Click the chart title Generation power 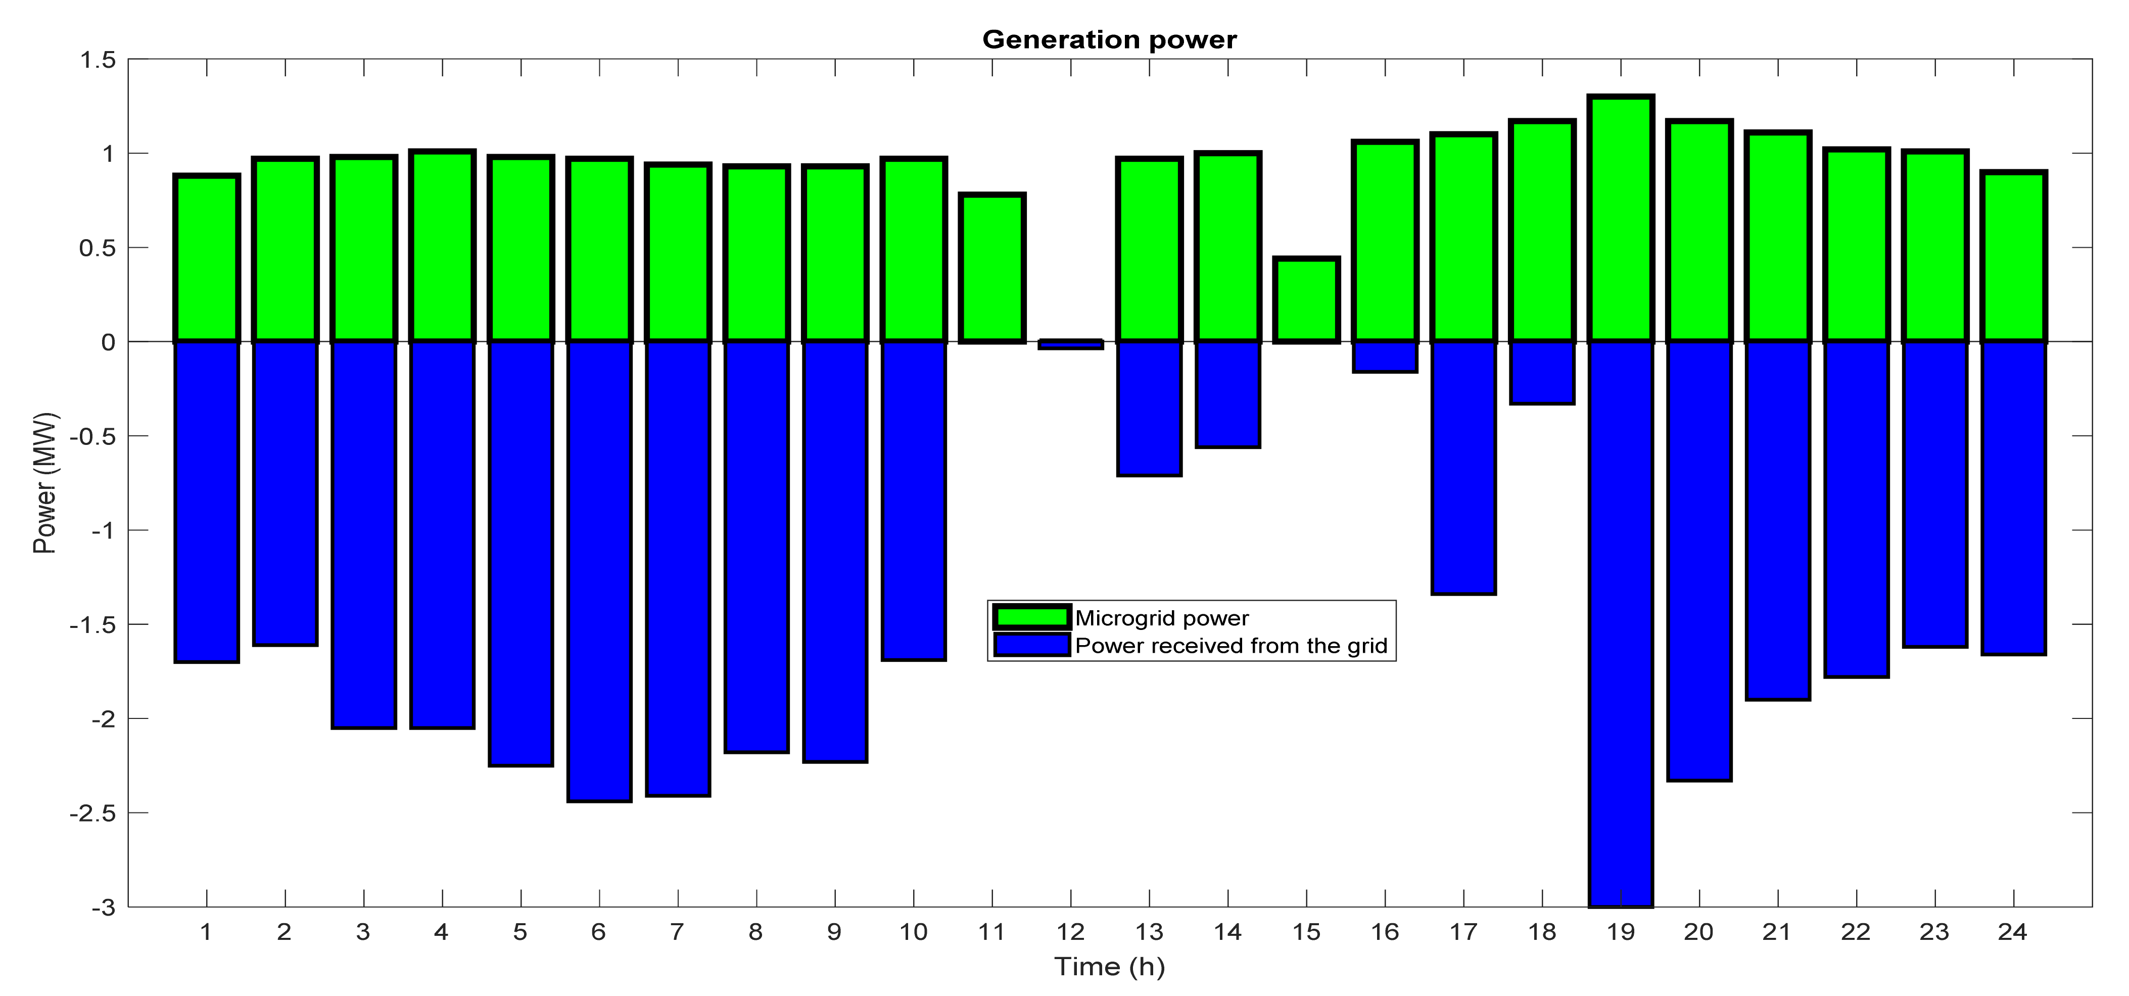pos(1109,39)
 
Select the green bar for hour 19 pos(1621,219)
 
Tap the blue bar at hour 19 pos(1621,624)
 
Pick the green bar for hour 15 pos(1307,300)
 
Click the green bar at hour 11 pos(992,268)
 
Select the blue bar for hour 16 pos(1385,357)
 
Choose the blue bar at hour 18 pos(1542,373)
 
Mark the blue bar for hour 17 pos(1463,468)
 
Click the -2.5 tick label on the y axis pos(92,813)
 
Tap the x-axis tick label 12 pos(1070,932)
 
